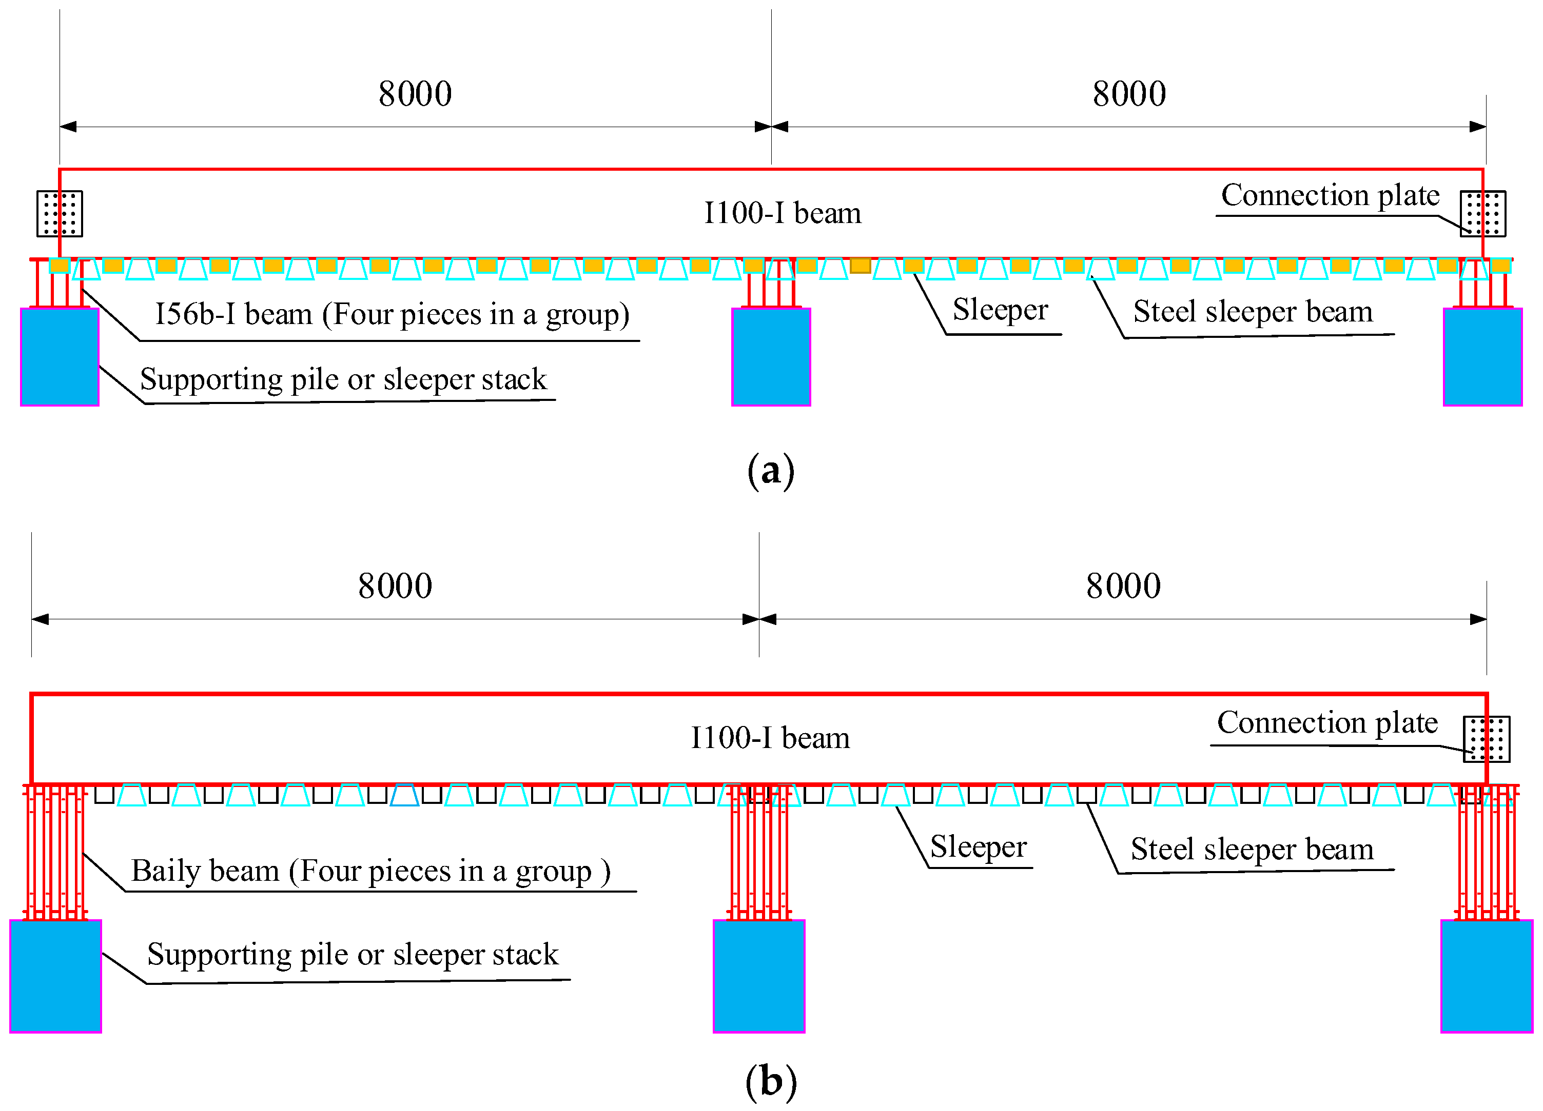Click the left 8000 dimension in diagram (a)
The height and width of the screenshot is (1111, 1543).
(x=415, y=94)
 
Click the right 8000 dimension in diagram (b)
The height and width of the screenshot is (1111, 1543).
(x=1123, y=586)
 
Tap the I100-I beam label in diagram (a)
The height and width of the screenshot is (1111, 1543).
(x=783, y=213)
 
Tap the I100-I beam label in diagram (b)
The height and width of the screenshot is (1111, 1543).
(x=770, y=738)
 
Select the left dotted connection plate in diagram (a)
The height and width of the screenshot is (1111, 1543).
(x=60, y=213)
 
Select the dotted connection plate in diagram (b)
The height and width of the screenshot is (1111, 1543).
(x=1487, y=739)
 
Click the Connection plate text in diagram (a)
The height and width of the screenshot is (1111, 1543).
(x=1330, y=196)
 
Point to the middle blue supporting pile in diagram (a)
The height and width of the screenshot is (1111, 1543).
(x=771, y=357)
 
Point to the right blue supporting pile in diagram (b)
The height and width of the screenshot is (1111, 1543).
(x=1487, y=976)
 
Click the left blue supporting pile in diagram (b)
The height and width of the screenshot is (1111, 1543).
(x=56, y=976)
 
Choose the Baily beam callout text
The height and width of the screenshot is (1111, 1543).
(x=371, y=871)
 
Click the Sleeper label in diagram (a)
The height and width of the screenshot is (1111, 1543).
(x=1000, y=310)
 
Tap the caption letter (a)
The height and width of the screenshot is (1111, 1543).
(x=771, y=471)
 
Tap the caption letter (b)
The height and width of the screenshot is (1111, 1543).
(x=771, y=1082)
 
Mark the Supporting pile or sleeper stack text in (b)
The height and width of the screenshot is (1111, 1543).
(x=353, y=955)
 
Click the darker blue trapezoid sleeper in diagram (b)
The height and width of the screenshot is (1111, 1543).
(x=405, y=795)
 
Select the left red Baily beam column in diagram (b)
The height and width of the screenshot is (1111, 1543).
(x=56, y=853)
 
